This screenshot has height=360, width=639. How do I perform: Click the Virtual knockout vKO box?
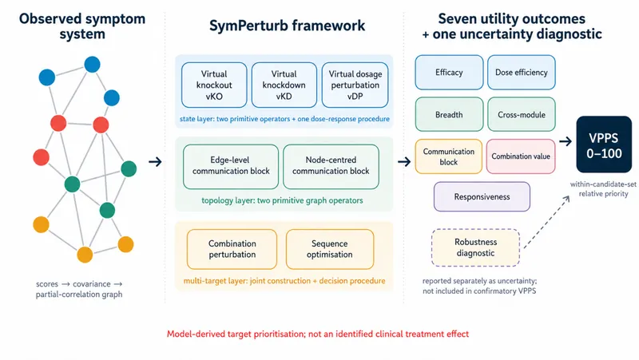214,85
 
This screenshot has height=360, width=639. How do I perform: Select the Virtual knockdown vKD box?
284,85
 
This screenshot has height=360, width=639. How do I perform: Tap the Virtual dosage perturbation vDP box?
355,85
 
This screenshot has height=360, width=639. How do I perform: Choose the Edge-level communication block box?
231,167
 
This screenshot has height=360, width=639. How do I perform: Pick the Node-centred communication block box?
331,167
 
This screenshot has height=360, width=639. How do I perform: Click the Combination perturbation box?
232,249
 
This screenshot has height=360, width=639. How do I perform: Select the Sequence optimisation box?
330,249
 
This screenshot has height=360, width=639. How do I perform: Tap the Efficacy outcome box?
449,73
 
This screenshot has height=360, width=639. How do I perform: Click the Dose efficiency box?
522,73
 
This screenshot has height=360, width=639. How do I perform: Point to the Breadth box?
449,114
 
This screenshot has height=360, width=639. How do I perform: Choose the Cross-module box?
522,114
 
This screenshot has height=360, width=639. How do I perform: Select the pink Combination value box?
521,156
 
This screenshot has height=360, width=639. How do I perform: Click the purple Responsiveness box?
482,196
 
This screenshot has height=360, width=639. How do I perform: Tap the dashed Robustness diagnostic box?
475,247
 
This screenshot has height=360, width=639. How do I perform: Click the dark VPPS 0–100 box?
604,144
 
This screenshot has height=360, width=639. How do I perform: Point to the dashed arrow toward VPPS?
546,222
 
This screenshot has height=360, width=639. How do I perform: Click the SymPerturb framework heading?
287,26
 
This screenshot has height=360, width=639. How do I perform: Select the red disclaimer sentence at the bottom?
318,334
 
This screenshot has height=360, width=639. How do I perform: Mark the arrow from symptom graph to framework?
155,162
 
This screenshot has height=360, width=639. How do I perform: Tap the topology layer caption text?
282,200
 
